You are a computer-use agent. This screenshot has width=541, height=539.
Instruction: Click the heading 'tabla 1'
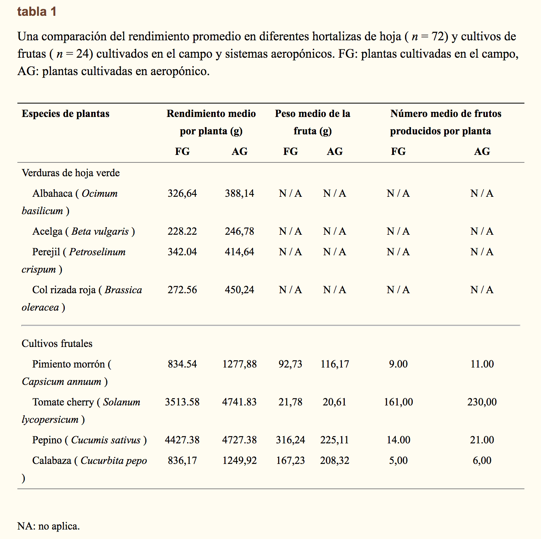[x=37, y=12]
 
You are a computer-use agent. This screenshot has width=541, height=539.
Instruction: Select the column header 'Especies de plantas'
[x=66, y=114]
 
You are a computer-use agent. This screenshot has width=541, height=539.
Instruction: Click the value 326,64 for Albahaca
[x=182, y=193]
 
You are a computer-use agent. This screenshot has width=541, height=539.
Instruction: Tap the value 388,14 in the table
[x=239, y=193]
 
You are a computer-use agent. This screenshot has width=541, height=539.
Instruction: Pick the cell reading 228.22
[x=182, y=231]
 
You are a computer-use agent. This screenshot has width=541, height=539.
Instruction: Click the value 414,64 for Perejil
[x=239, y=252]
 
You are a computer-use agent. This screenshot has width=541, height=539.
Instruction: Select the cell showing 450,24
[x=239, y=290]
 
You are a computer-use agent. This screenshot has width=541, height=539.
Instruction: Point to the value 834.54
[x=182, y=364]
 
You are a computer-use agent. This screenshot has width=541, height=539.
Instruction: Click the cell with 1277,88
[x=239, y=364]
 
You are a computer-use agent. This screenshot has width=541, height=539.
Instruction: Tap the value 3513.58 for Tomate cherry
[x=182, y=402]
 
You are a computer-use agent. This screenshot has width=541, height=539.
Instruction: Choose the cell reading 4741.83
[x=239, y=402]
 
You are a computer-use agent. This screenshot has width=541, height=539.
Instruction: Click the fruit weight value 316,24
[x=290, y=440]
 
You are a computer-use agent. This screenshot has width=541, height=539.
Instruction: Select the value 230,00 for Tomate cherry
[x=482, y=402]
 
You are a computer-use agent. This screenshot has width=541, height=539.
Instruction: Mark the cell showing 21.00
[x=482, y=440]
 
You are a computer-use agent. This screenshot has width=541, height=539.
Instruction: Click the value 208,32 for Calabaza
[x=334, y=460]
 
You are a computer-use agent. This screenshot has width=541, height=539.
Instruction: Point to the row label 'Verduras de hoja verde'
[x=71, y=173]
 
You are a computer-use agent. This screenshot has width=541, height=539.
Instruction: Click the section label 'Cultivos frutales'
[x=57, y=343]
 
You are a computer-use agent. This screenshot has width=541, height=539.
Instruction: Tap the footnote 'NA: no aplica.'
[x=49, y=526]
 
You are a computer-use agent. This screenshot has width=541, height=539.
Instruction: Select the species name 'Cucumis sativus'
[x=106, y=440]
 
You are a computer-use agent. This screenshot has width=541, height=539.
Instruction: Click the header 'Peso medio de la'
[x=312, y=114]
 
